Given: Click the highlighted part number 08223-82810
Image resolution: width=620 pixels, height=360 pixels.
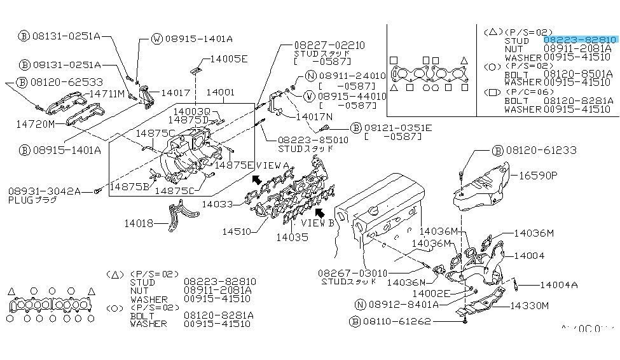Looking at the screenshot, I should click(x=580, y=39).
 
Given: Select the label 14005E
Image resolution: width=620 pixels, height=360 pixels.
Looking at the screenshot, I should click(x=229, y=59).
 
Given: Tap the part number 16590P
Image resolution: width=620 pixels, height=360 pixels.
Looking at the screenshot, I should click(x=538, y=175).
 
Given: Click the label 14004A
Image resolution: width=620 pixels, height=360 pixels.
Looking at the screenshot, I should click(x=558, y=284).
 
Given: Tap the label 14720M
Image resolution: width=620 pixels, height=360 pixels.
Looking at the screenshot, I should click(x=36, y=123).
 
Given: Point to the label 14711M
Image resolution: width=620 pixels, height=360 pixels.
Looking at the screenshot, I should click(x=106, y=93).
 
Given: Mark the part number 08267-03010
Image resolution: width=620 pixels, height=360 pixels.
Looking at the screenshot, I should click(x=352, y=273).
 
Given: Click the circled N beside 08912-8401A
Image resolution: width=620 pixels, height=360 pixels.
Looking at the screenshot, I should click(x=361, y=305).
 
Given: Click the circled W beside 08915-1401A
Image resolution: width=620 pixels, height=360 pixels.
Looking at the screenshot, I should click(x=157, y=39).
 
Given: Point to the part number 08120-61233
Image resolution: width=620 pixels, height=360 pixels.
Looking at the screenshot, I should click(x=541, y=150).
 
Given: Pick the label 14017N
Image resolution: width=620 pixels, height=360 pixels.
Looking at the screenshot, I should click(x=314, y=117).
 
